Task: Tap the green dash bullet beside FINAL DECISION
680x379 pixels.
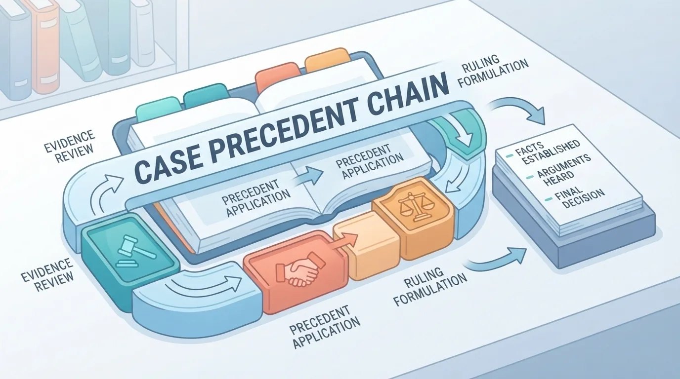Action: [548, 199]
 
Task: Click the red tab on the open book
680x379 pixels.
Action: [273, 75]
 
